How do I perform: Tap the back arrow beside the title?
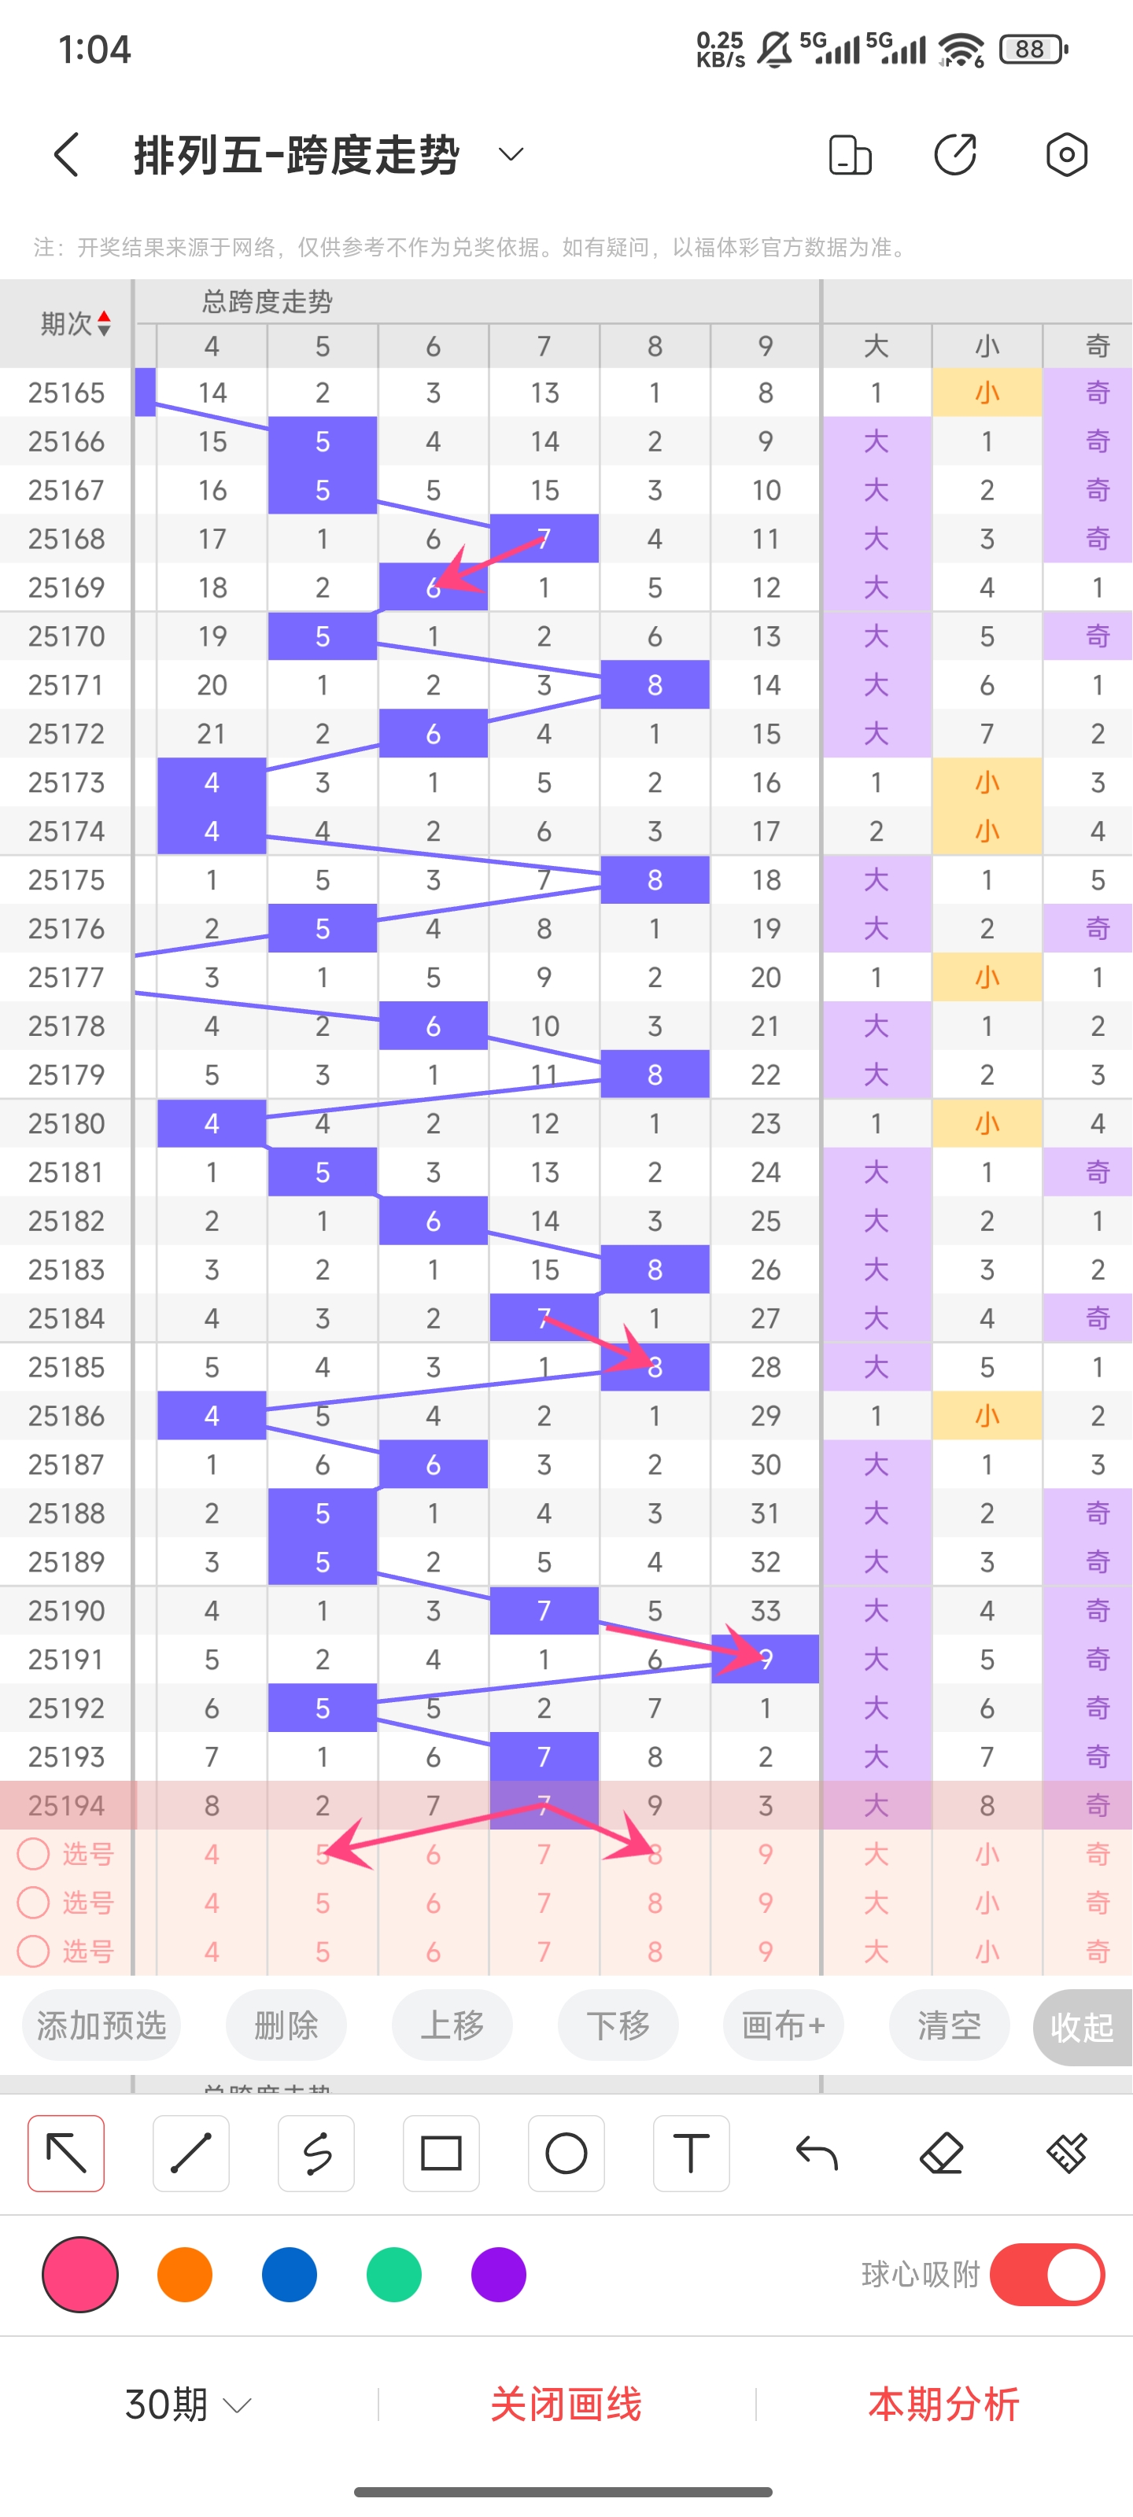coord(66,154)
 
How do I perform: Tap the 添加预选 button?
coord(101,2025)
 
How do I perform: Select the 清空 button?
coord(948,2025)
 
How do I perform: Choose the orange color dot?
coord(185,2274)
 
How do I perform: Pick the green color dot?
coord(394,2274)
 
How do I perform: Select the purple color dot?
coord(499,2274)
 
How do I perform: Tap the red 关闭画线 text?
coord(566,2404)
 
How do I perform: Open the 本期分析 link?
coord(943,2404)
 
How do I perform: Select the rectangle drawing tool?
coord(441,2153)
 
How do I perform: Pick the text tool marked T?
coord(691,2153)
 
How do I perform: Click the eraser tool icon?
coord(941,2153)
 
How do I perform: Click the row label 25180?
coord(66,1124)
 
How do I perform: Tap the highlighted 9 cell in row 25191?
coord(766,1659)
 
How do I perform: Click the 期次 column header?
coord(74,323)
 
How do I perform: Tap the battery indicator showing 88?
coord(1032,49)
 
